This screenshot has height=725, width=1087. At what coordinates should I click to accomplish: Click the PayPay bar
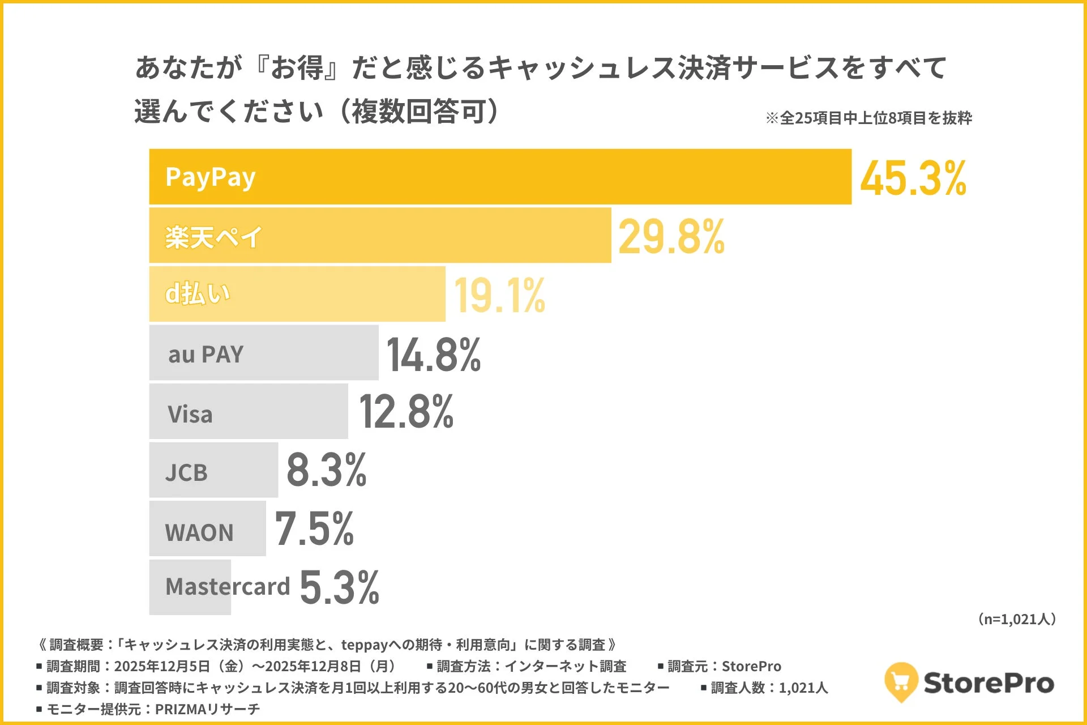pyautogui.click(x=500, y=177)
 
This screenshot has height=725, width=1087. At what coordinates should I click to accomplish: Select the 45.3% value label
pyautogui.click(x=913, y=178)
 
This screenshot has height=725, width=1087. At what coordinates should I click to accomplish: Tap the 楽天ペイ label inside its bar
pyautogui.click(x=213, y=237)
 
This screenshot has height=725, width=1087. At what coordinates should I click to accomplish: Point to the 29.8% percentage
pyautogui.click(x=671, y=237)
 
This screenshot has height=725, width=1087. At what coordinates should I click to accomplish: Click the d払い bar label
pyautogui.click(x=198, y=294)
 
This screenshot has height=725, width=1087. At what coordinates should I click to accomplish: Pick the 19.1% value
pyautogui.click(x=499, y=296)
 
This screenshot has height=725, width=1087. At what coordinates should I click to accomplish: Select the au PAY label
pyautogui.click(x=206, y=355)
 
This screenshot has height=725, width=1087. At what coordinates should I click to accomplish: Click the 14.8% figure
pyautogui.click(x=434, y=355)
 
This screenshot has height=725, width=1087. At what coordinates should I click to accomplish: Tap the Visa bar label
pyautogui.click(x=190, y=414)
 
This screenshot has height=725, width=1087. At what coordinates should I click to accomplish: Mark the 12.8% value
pyautogui.click(x=406, y=412)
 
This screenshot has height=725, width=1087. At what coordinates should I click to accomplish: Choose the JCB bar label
pyautogui.click(x=186, y=472)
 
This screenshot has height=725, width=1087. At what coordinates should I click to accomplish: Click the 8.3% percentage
pyautogui.click(x=327, y=470)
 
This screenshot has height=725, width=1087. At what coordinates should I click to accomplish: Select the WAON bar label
pyautogui.click(x=199, y=532)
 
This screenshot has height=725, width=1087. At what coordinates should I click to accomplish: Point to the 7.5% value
pyautogui.click(x=314, y=529)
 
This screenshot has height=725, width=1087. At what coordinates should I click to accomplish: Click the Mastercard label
pyautogui.click(x=228, y=587)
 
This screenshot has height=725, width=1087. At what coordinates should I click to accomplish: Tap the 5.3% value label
pyautogui.click(x=340, y=588)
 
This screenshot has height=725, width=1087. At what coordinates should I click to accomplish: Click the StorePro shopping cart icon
pyautogui.click(x=901, y=681)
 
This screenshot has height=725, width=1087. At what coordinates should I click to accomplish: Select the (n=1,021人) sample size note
pyautogui.click(x=1017, y=619)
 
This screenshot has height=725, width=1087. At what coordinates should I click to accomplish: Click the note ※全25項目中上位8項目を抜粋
pyautogui.click(x=868, y=118)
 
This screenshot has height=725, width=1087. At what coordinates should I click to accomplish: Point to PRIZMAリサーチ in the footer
pyautogui.click(x=207, y=709)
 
